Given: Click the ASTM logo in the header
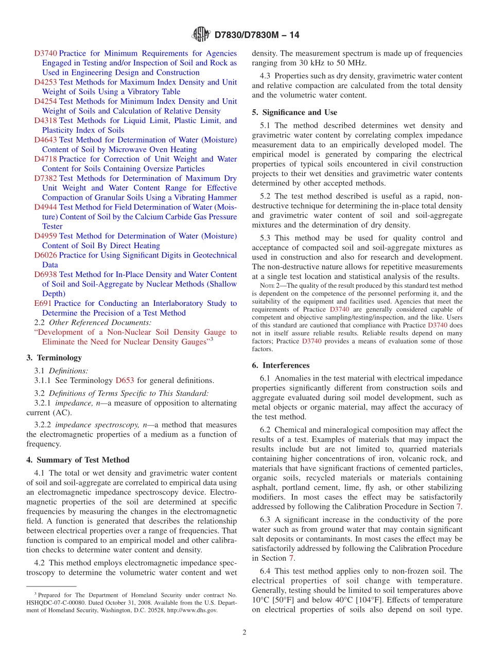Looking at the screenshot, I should coord(201,35).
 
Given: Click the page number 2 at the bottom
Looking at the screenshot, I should coord(244,632).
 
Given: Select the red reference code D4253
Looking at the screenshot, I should coord(45,82).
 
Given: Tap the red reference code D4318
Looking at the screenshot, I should coord(45,120).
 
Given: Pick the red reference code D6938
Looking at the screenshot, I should coord(45,274).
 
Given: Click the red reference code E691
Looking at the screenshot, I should coord(43,303).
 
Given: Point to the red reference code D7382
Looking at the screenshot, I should coord(45,178).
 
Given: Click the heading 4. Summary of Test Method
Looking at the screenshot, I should coord(78,460).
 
